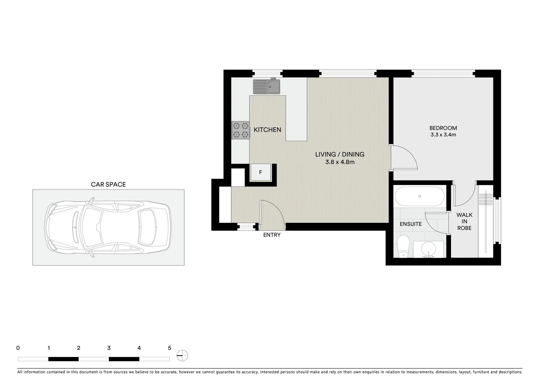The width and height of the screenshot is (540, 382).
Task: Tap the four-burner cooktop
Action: [x=241, y=130]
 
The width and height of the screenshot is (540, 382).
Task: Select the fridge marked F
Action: [x=261, y=172]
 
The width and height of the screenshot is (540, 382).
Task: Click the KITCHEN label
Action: [x=267, y=130]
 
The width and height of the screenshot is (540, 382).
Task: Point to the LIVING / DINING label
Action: [x=339, y=155]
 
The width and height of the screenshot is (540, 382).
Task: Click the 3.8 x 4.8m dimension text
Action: [x=339, y=162]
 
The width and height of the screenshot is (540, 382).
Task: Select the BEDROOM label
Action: [x=443, y=128]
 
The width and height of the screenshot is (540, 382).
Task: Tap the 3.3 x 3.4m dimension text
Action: [x=443, y=135]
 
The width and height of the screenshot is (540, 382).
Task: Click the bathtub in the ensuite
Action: [x=419, y=196]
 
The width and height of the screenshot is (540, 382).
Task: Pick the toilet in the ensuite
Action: [x=403, y=246]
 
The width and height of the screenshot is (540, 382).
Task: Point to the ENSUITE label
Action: [x=410, y=224]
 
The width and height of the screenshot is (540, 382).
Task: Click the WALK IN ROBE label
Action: [x=464, y=221]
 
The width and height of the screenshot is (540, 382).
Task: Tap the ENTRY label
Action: [x=272, y=235]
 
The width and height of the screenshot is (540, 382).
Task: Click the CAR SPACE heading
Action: [x=108, y=184]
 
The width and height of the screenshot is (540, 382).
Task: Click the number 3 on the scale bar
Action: [x=109, y=348]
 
